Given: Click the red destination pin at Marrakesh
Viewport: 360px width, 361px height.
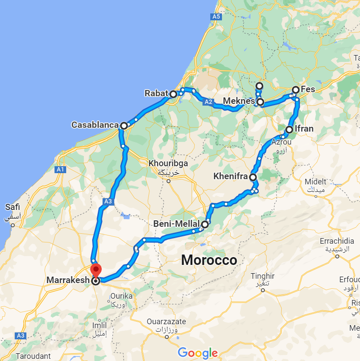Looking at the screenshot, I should point(96,269).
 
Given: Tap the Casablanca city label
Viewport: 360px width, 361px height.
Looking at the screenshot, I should point(95,125).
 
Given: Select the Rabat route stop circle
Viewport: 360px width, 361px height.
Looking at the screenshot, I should point(173,94).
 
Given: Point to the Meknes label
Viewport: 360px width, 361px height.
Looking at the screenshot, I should point(239,101).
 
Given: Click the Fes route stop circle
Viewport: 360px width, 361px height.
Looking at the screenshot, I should point(296,90).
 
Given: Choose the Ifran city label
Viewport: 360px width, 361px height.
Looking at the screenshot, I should point(304,129).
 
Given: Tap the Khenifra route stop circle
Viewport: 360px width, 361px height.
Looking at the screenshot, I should point(252,177).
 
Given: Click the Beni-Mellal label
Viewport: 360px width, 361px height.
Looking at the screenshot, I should point(177,224).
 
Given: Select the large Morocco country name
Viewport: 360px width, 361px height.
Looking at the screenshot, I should point(209,260).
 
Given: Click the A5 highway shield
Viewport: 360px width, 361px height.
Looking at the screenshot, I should point(216,17).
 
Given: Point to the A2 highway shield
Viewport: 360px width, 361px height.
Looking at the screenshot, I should point(209,102).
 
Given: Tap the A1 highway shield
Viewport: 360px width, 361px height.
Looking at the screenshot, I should point(60,170).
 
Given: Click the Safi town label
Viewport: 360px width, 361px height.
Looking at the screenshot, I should point(12,207).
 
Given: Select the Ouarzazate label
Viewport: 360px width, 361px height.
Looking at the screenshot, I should point(166,322).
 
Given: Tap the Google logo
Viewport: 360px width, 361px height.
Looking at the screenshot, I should point(197,353).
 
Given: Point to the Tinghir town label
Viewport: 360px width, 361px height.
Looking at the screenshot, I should point(263,276).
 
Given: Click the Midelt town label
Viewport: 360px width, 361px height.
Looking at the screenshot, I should point(316,182).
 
